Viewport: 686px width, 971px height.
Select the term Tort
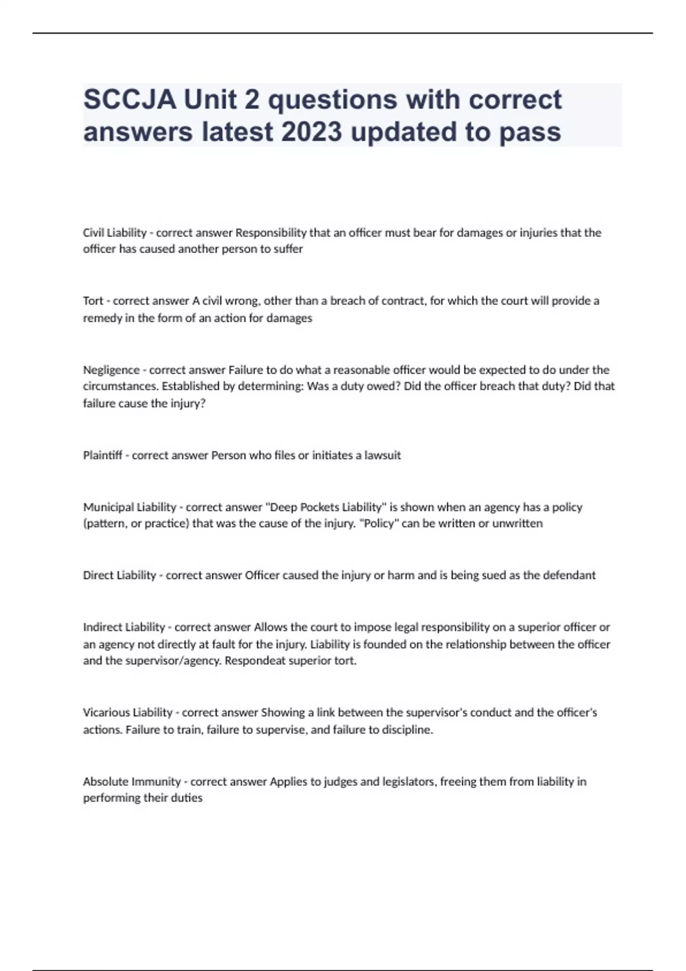click(93, 301)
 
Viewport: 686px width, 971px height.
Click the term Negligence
click(111, 370)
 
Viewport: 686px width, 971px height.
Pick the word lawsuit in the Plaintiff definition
click(382, 455)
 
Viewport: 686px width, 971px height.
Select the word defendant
click(569, 575)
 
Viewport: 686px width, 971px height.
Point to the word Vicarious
click(106, 712)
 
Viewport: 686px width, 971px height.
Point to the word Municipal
click(106, 507)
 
